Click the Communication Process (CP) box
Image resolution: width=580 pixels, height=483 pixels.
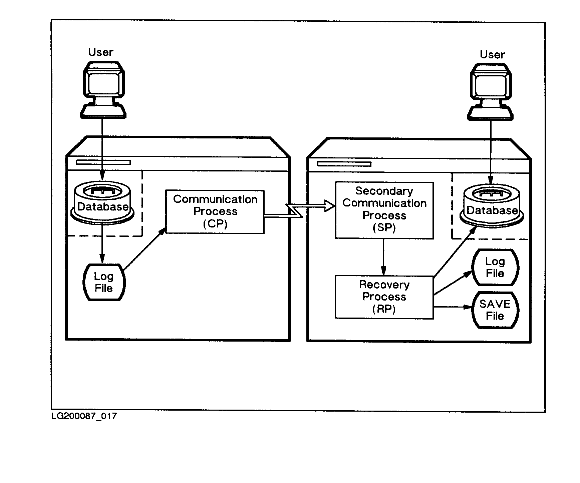click(215, 212)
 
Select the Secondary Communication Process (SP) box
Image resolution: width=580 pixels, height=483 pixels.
click(384, 210)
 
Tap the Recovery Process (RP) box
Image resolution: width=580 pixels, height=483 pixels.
click(384, 297)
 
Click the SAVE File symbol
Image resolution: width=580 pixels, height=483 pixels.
click(495, 310)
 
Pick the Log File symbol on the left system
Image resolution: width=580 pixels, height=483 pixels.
click(103, 282)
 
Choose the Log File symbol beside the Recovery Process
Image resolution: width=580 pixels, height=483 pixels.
click(495, 267)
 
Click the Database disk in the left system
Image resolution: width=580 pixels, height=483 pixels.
click(103, 204)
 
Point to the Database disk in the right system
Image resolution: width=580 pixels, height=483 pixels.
click(492, 207)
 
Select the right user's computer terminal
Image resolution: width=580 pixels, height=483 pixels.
click(490, 91)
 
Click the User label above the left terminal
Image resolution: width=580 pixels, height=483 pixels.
click(100, 52)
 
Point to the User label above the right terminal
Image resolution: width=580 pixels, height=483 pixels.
click(492, 54)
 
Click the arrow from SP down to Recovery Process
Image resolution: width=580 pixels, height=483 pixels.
click(384, 257)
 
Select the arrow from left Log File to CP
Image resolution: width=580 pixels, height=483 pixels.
click(144, 249)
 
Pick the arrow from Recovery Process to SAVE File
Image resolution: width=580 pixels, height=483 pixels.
click(452, 307)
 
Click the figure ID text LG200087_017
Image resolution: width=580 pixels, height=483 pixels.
click(84, 416)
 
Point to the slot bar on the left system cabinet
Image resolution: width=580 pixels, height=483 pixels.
click(103, 162)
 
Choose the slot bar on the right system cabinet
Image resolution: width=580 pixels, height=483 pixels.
click(344, 164)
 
